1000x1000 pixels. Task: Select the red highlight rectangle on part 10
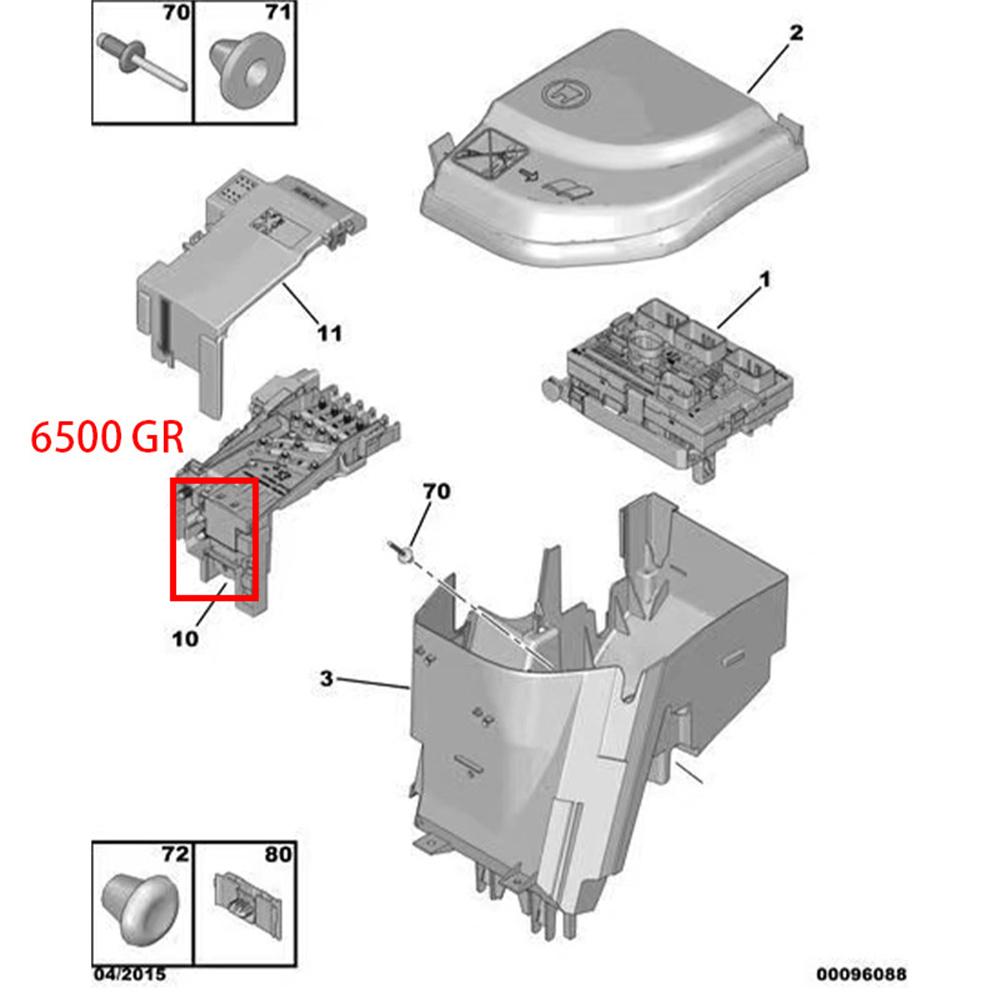pos(215,539)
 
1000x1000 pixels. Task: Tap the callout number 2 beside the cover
pos(796,33)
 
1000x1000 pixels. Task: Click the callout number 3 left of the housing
pos(326,679)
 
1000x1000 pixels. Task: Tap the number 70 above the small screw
pos(437,491)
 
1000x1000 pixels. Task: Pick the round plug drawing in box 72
pos(135,904)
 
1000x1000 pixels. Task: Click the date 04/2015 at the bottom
pos(131,973)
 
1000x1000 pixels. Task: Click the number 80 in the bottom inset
pos(278,855)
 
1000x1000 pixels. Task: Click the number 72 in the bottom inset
pos(175,855)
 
